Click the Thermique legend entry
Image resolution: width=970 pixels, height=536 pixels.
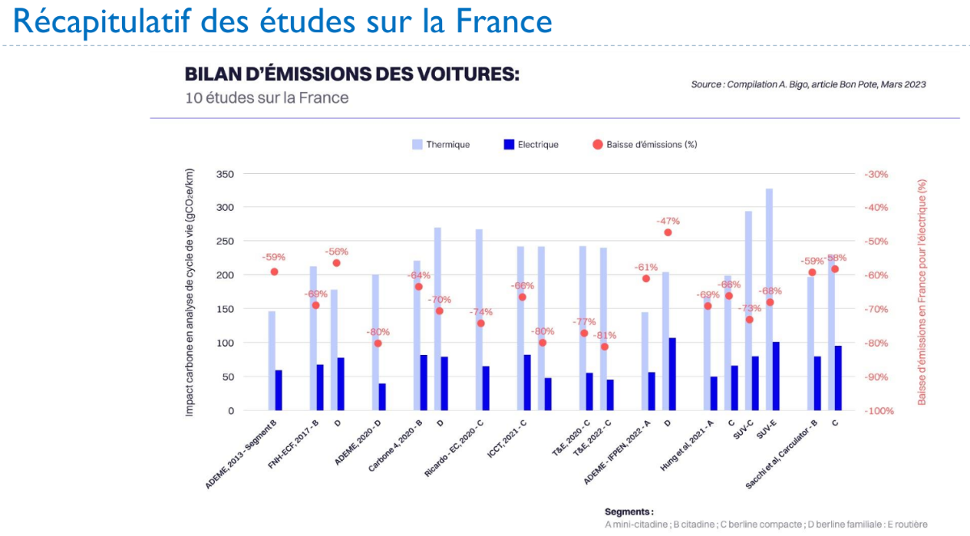pos(441,145)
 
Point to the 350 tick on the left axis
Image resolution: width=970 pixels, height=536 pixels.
pos(225,174)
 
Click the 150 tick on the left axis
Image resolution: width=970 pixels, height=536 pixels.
pos(225,309)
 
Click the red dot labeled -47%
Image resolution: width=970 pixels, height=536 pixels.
pos(668,233)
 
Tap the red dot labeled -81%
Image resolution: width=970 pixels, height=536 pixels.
pos(605,347)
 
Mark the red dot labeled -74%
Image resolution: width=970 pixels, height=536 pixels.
pos(481,323)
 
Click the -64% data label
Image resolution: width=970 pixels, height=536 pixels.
pos(419,275)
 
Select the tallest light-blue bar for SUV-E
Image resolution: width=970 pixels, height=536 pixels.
pos(770,299)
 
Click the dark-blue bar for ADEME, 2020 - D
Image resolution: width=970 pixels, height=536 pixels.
pos(382,396)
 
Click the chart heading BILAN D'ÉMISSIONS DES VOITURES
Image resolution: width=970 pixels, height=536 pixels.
pos(352,74)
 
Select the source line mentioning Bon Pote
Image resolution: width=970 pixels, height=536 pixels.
pos(808,84)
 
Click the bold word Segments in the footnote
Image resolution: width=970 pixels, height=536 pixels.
pos(628,512)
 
